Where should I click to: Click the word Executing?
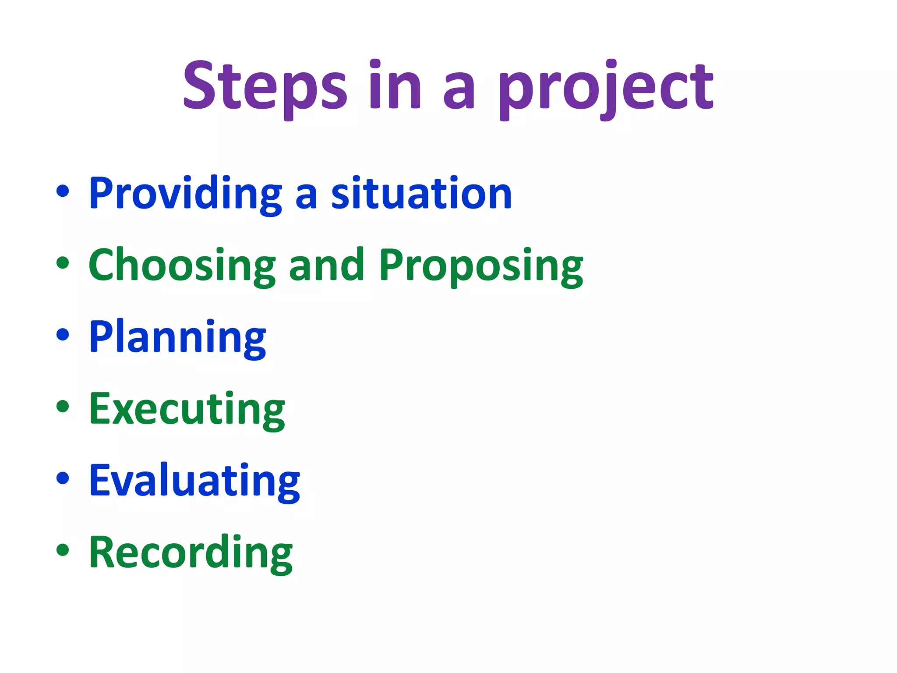[x=187, y=409]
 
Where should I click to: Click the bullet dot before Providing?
[x=63, y=191]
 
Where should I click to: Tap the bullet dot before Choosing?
[x=63, y=263]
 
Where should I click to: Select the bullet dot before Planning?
[x=63, y=334]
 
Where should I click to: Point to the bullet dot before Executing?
[x=63, y=406]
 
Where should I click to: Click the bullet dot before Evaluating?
[x=63, y=478]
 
